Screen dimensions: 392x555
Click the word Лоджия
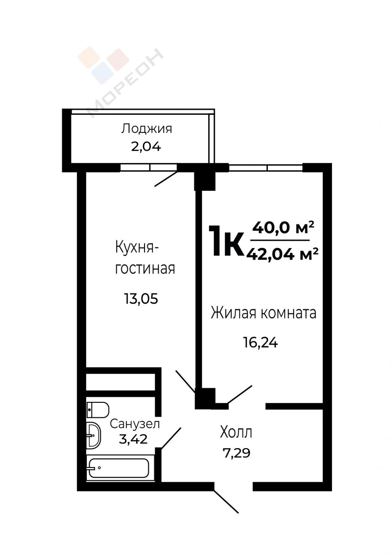tap(146, 129)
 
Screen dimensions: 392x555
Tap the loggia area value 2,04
tap(146, 147)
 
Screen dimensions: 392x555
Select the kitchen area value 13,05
tap(141, 299)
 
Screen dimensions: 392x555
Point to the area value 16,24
tap(261, 343)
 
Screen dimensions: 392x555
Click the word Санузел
tap(135, 424)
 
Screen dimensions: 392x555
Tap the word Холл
tap(236, 433)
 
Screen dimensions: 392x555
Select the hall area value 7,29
tap(237, 453)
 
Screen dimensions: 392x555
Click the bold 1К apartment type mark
tap(226, 241)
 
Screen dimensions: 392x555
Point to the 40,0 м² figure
tap(283, 228)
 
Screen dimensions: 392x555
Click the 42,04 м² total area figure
tap(282, 254)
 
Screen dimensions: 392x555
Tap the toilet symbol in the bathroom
tap(98, 410)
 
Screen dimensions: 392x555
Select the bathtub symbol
tap(119, 468)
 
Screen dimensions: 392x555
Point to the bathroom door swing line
tap(171, 438)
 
